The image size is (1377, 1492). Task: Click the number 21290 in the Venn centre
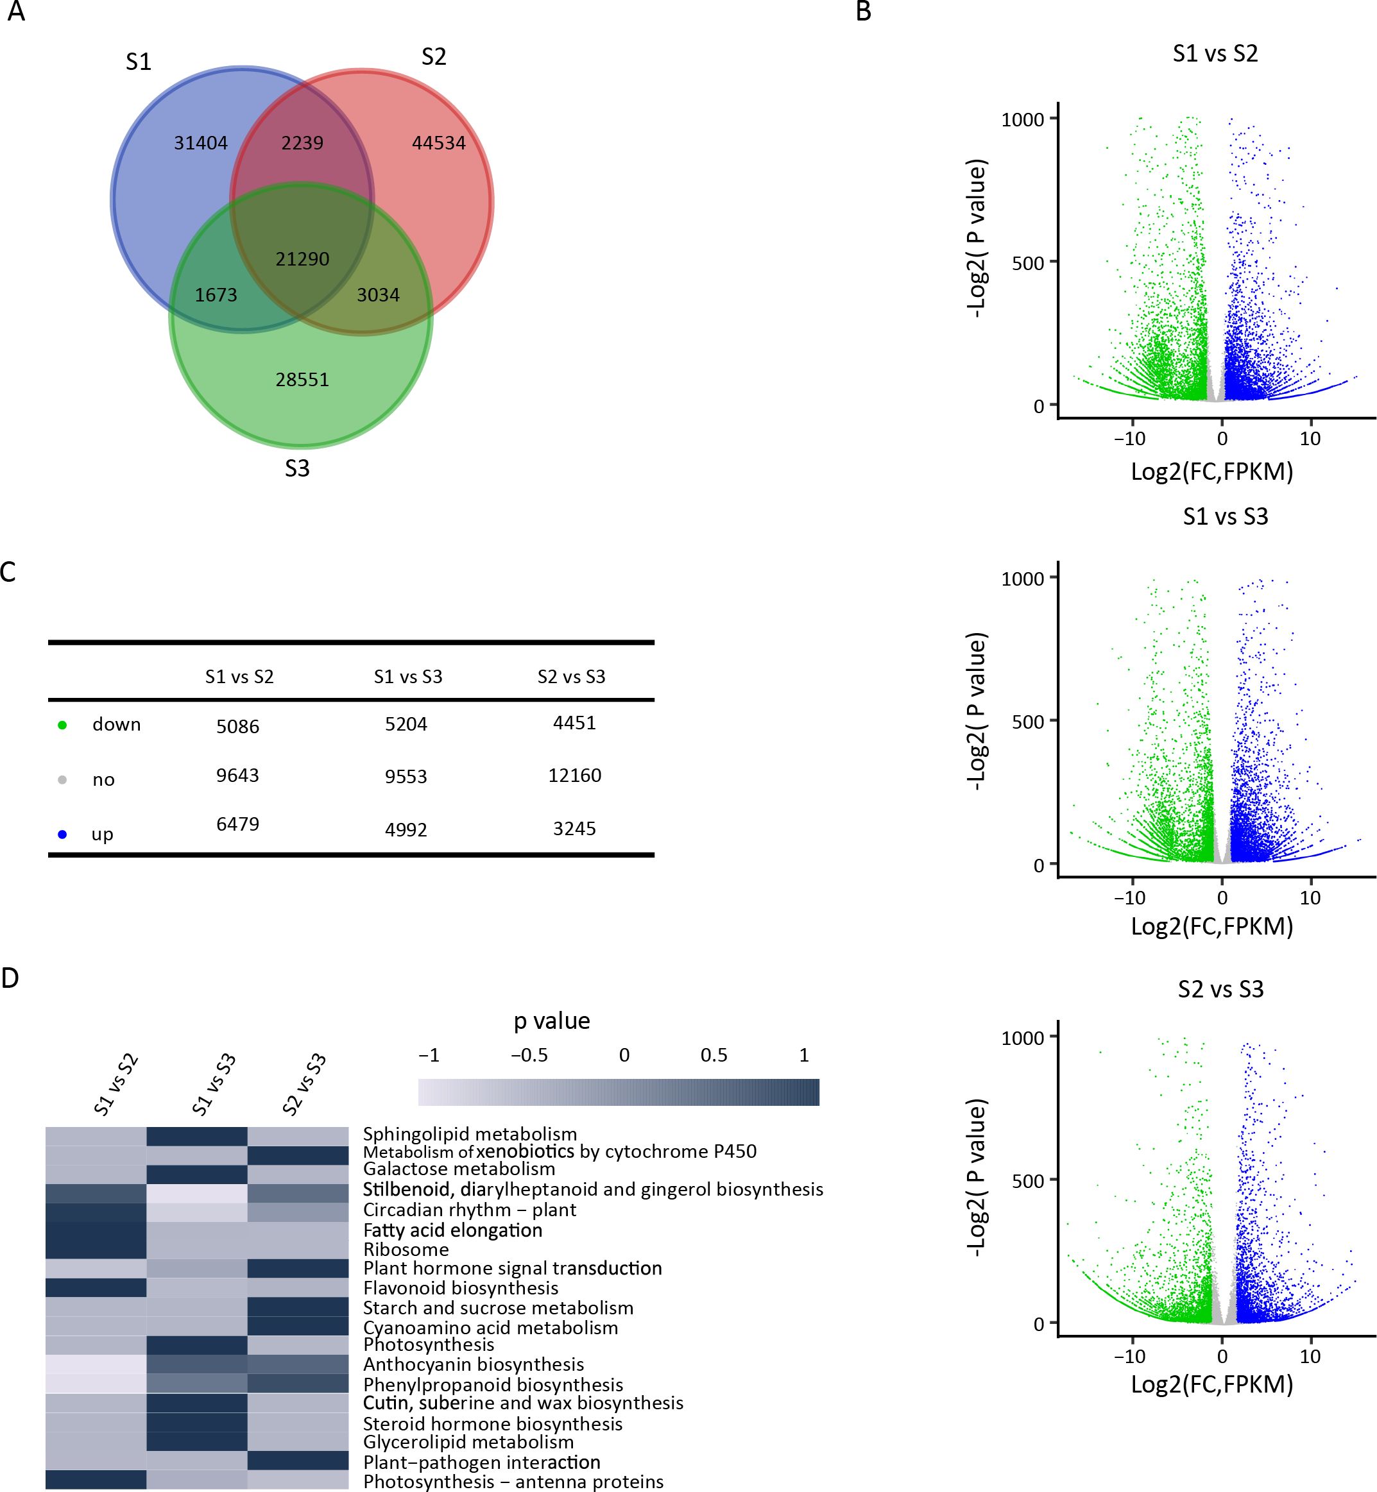tap(302, 259)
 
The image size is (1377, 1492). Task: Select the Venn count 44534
tap(438, 143)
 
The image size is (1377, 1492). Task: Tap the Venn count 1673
tap(216, 295)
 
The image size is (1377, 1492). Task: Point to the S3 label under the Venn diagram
tap(296, 468)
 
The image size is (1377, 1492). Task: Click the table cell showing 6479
tap(237, 824)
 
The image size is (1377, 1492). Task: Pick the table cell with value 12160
tap(574, 776)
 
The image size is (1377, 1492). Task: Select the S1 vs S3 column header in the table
tap(407, 676)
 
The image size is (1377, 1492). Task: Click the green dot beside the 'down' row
tap(63, 725)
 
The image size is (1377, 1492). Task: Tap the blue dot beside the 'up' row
tap(63, 835)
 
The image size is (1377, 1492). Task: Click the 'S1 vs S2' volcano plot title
tap(1215, 54)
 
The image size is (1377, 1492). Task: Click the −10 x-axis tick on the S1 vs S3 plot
tap(1129, 897)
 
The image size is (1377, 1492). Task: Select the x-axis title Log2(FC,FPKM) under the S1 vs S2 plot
tap(1211, 471)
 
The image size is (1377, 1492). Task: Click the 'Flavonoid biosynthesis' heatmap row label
tap(461, 1288)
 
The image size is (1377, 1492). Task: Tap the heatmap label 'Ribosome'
tap(406, 1249)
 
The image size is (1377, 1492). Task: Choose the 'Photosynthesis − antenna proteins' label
tap(513, 1482)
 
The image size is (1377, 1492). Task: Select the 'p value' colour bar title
tap(551, 1021)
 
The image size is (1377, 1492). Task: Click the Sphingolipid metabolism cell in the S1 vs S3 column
tap(197, 1136)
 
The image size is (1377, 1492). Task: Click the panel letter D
tap(10, 978)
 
